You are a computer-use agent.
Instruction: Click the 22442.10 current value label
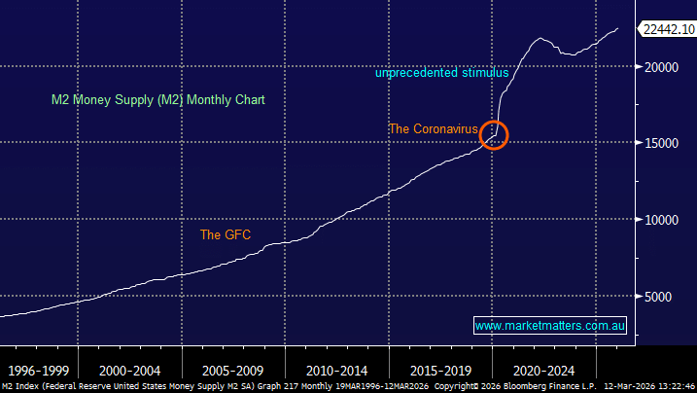coord(666,29)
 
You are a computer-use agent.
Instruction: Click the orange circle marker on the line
coord(495,134)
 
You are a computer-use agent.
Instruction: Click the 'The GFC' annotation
coord(226,234)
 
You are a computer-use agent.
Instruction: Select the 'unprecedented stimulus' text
coord(442,73)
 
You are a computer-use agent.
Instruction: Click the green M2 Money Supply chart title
coord(158,99)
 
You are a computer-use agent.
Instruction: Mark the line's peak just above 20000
coord(541,39)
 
